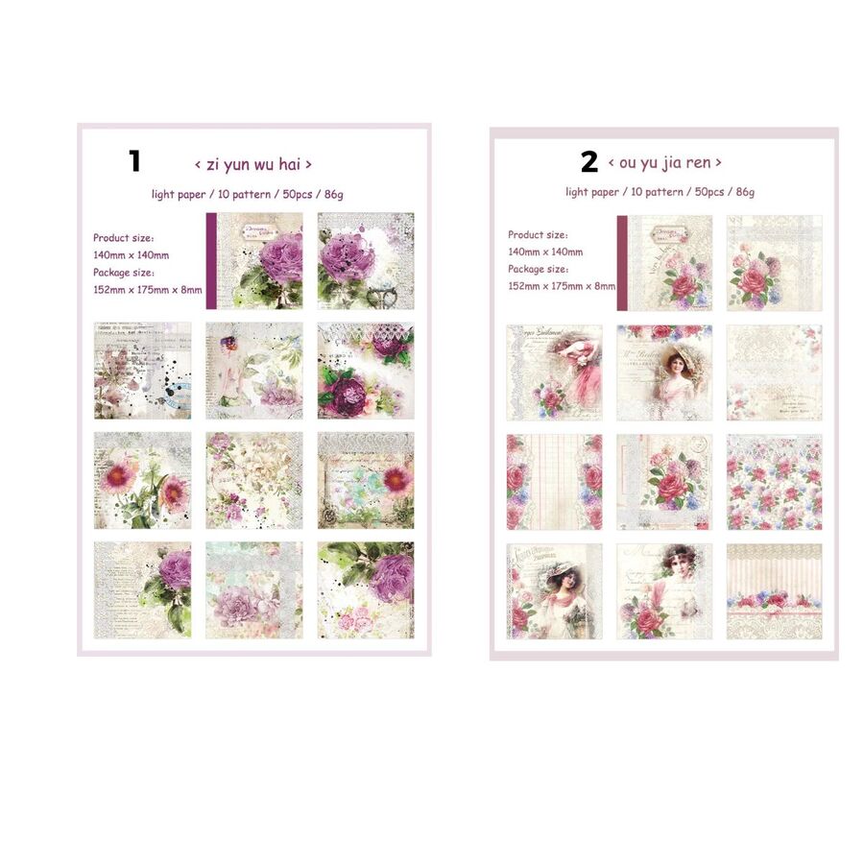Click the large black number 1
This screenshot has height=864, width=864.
(134, 160)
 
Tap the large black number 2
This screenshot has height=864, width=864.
(588, 162)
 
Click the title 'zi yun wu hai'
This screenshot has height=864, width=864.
(252, 164)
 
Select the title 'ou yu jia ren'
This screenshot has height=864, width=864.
(664, 163)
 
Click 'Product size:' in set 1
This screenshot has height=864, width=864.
(124, 237)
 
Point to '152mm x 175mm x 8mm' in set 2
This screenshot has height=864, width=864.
(562, 286)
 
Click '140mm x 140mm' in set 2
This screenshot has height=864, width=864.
(545, 252)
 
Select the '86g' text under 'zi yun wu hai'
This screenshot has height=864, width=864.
(333, 194)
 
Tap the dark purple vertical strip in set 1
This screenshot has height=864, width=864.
(211, 261)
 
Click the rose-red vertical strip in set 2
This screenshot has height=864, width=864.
(621, 263)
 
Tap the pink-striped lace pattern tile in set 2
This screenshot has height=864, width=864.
(774, 591)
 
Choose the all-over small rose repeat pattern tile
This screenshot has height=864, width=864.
(774, 482)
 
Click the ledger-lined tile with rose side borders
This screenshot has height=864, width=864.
(555, 482)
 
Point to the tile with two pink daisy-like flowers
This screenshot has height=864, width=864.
(142, 480)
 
